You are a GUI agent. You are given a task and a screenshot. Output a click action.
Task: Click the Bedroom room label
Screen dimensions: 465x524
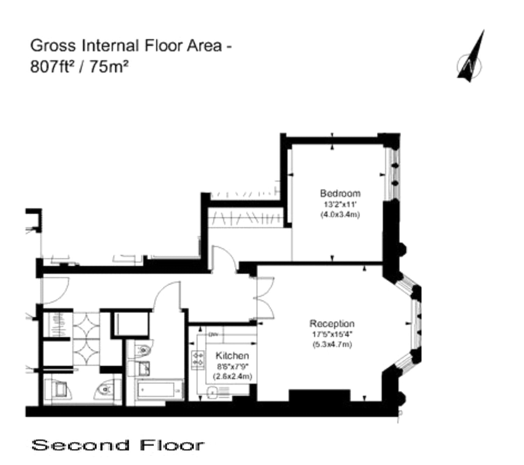[335, 193]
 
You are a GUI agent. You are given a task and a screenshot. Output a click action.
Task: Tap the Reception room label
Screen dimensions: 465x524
[332, 323]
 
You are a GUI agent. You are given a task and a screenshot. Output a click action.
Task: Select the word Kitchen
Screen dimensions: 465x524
[232, 356]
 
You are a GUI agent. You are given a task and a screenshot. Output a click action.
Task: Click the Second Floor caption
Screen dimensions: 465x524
[118, 445]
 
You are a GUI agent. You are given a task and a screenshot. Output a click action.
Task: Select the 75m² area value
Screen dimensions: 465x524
[109, 66]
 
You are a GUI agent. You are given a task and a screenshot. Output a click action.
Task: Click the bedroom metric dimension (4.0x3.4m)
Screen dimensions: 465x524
[340, 215]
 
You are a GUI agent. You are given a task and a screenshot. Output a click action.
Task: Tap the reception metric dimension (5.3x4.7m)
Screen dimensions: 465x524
[332, 344]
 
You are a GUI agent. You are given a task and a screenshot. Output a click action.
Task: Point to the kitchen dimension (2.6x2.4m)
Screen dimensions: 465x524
[233, 377]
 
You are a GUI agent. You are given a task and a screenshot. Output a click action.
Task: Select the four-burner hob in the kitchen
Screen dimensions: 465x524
[198, 360]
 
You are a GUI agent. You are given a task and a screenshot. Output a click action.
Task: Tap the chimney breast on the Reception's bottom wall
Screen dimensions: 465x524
[319, 396]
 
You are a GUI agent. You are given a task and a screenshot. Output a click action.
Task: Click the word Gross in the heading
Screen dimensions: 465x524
[53, 45]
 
